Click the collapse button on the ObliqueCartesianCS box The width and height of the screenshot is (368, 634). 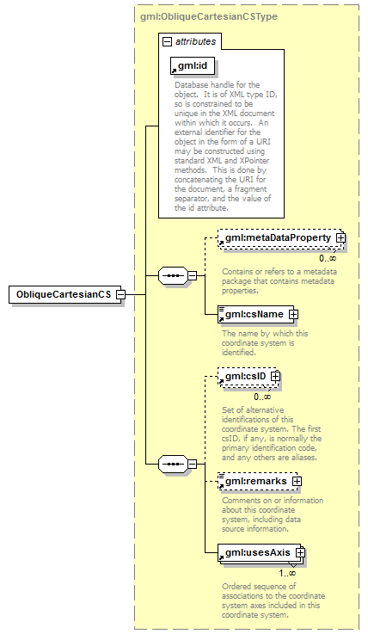(120, 294)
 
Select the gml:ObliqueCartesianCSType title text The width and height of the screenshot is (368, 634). (209, 17)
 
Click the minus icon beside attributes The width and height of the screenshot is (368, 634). (167, 41)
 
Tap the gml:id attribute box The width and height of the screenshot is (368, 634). (193, 66)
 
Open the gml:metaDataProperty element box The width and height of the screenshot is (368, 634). (281, 238)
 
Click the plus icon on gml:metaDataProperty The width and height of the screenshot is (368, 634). (340, 237)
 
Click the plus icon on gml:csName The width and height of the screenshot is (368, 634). (294, 314)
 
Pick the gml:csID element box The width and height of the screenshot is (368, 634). (248, 377)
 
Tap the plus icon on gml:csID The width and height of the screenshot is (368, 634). (275, 377)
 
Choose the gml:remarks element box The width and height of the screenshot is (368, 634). (257, 481)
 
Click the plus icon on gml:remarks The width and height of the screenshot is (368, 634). (297, 481)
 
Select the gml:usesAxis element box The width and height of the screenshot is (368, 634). (261, 553)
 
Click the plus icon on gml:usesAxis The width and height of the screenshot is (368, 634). (300, 552)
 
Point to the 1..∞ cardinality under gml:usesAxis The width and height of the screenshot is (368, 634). (287, 573)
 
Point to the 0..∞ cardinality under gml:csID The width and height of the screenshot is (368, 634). (262, 397)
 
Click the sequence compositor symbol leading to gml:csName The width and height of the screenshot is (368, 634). (174, 276)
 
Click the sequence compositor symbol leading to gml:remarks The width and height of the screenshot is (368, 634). (174, 464)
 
